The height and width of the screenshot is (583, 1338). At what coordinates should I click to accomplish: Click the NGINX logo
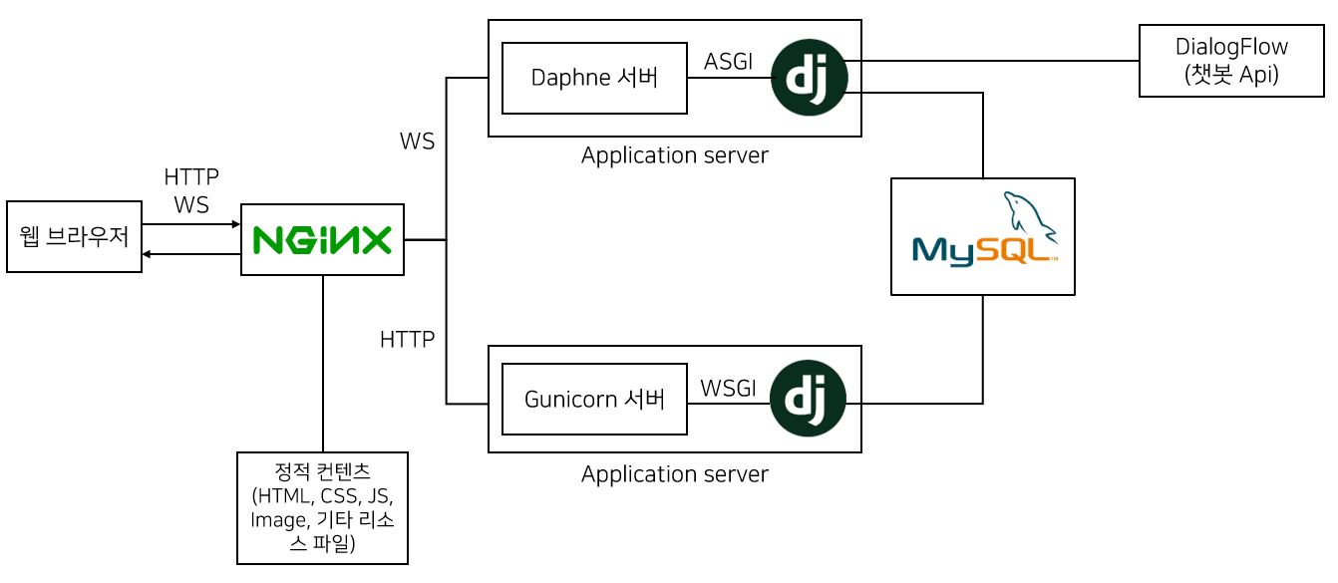coord(322,240)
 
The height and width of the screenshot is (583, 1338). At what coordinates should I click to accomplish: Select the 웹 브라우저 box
coord(74,237)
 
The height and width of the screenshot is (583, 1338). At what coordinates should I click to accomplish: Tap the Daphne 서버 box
coord(594,78)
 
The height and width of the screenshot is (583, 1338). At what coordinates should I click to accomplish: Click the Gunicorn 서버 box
coord(594,400)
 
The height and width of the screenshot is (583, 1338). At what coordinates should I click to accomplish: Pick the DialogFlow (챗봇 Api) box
coord(1230,61)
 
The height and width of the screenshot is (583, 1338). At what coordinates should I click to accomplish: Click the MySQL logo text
coord(981,248)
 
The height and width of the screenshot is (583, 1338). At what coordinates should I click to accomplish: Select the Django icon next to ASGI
coord(809,78)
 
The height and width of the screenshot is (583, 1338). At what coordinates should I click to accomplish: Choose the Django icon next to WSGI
coord(808,399)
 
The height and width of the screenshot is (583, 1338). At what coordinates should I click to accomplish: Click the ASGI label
coord(728,62)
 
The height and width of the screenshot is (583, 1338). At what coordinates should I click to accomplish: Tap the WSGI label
coord(728,389)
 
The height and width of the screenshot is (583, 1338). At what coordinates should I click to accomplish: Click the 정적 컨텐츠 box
coord(322,508)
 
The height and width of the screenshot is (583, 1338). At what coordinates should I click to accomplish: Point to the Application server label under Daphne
coord(674,155)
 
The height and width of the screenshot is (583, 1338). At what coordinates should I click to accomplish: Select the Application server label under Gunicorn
coord(674,474)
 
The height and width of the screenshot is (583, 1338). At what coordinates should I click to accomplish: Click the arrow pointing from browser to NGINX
coord(190,224)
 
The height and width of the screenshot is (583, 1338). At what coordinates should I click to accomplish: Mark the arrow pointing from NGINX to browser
coord(190,255)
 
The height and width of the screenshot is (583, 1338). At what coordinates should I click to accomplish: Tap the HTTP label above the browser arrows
coord(190,177)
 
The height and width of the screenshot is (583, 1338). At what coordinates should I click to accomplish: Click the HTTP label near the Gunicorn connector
coord(407,340)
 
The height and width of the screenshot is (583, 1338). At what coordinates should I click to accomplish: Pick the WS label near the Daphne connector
coord(417,142)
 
